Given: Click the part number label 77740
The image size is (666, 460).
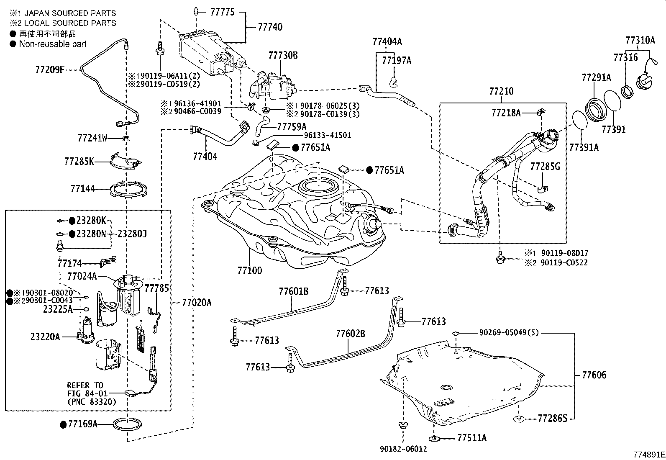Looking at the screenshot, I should [x=270, y=27].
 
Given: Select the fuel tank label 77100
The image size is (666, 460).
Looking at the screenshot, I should [x=250, y=270].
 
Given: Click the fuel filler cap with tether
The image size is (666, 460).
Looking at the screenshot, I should [x=644, y=79].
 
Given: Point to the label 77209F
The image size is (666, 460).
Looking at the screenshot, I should [x=50, y=69].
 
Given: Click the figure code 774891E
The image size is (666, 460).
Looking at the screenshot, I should [x=648, y=454].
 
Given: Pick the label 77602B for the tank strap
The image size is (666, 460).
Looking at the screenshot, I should [x=350, y=334].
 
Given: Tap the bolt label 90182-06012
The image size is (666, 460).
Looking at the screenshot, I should [x=403, y=449].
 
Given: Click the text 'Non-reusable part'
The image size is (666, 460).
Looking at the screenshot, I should [x=53, y=44].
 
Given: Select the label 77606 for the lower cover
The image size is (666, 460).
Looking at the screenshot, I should [x=594, y=375].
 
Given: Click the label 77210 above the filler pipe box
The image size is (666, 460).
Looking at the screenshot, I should [x=501, y=91].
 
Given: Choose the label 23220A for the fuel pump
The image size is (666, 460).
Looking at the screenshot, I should [x=45, y=337].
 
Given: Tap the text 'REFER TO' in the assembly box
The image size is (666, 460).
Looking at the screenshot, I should [x=85, y=385].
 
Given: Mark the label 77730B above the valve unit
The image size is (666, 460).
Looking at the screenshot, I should [x=283, y=55].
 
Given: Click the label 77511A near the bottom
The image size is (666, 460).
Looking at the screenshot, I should [x=472, y=438].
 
